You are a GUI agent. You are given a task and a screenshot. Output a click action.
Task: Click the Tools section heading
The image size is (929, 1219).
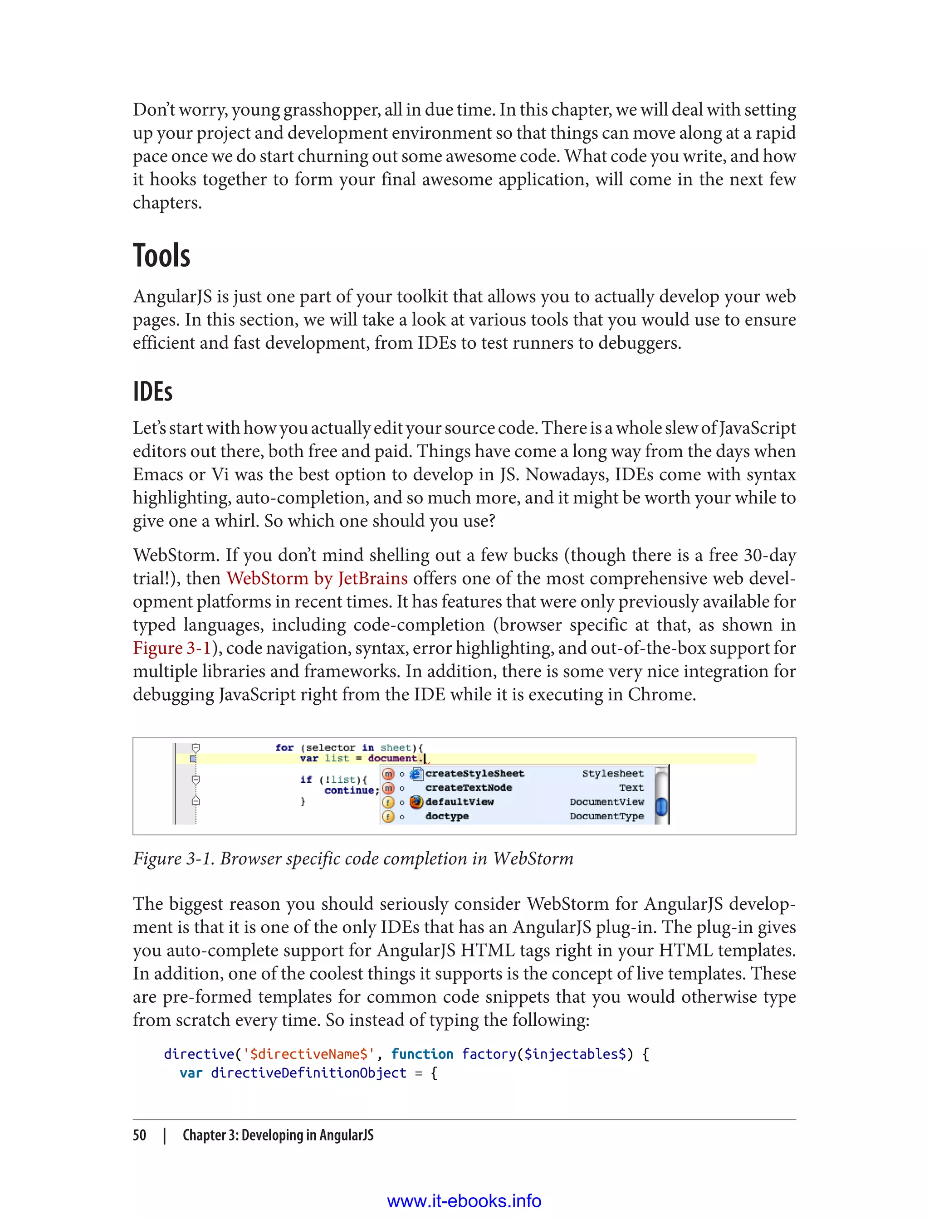pyautogui.click(x=161, y=256)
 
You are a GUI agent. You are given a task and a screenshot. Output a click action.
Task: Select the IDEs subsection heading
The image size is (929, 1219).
pyautogui.click(x=152, y=392)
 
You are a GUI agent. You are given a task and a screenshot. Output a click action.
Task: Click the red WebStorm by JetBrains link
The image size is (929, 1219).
pyautogui.click(x=317, y=578)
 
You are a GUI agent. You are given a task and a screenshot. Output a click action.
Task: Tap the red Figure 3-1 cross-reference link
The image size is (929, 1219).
pyautogui.click(x=172, y=648)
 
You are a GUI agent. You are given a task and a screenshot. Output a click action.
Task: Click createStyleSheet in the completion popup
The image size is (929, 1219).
pyautogui.click(x=474, y=773)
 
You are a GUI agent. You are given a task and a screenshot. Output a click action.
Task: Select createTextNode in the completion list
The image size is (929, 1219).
pyautogui.click(x=469, y=788)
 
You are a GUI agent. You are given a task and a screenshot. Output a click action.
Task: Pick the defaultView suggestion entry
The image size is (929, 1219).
pyautogui.click(x=459, y=802)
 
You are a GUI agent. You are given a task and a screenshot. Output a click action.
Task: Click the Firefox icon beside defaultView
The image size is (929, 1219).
pyautogui.click(x=416, y=802)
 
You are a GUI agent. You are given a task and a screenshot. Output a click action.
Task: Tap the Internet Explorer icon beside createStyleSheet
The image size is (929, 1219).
pyautogui.click(x=416, y=773)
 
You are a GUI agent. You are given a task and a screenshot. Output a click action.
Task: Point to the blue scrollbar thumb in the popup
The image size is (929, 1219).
pyautogui.click(x=661, y=807)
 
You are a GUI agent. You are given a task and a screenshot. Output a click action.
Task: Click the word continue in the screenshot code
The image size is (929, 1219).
pyautogui.click(x=348, y=790)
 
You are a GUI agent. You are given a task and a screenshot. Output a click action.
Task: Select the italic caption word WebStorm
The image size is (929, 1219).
pyautogui.click(x=533, y=858)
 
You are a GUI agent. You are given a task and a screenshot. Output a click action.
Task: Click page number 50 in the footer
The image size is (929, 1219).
pyautogui.click(x=139, y=1135)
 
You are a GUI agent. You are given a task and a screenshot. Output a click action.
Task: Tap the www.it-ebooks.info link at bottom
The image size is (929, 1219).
pyautogui.click(x=464, y=1201)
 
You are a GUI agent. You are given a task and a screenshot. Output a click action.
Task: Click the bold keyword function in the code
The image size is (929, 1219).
pyautogui.click(x=422, y=1054)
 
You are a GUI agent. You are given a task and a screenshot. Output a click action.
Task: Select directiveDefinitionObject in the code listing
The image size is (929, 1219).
pyautogui.click(x=308, y=1073)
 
